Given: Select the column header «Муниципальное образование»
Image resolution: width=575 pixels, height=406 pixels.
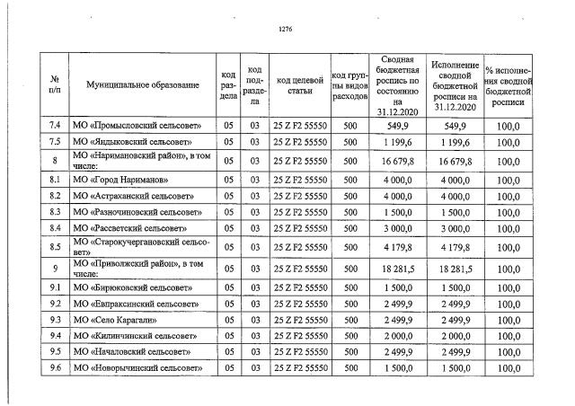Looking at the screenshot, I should coord(143,84).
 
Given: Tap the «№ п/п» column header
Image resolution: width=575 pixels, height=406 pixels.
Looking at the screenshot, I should coord(55,84).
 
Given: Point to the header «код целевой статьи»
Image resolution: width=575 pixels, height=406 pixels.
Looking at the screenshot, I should coord(300,84).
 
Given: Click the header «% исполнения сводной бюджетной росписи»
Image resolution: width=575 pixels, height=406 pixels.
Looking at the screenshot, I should coord(509,84).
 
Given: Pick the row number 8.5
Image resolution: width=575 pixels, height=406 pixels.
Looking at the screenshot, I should coord(55,247).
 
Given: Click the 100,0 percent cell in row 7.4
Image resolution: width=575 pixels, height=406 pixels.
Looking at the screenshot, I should coord(509,126).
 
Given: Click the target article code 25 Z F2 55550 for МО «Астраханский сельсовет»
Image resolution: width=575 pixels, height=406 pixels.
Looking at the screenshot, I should coord(300,196).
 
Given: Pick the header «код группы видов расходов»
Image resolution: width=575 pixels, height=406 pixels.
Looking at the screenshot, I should coord(349,84).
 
